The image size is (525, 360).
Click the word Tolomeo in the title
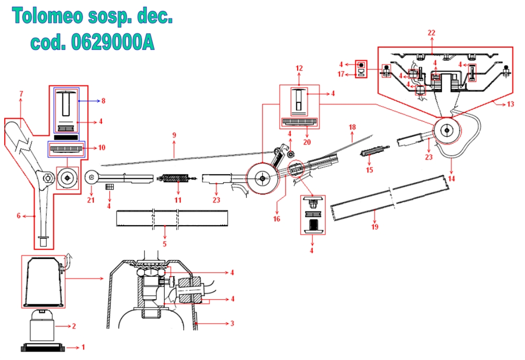[x=48, y=16]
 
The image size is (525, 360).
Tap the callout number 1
[x=83, y=347]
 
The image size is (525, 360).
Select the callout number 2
[x=74, y=326]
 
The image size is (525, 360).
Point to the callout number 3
[x=232, y=323]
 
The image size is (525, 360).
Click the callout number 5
[x=164, y=243]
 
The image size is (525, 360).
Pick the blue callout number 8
[x=103, y=101]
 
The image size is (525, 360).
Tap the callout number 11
[x=178, y=200]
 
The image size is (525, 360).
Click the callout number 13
[x=510, y=104]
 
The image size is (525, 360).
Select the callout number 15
[x=369, y=170]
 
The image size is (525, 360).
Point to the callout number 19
[x=375, y=227]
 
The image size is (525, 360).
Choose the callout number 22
[x=432, y=33]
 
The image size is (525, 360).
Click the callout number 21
[x=91, y=200]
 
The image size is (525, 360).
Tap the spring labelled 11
[x=176, y=178]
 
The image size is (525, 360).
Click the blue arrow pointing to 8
[x=88, y=101]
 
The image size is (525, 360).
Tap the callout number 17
[x=341, y=74]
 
